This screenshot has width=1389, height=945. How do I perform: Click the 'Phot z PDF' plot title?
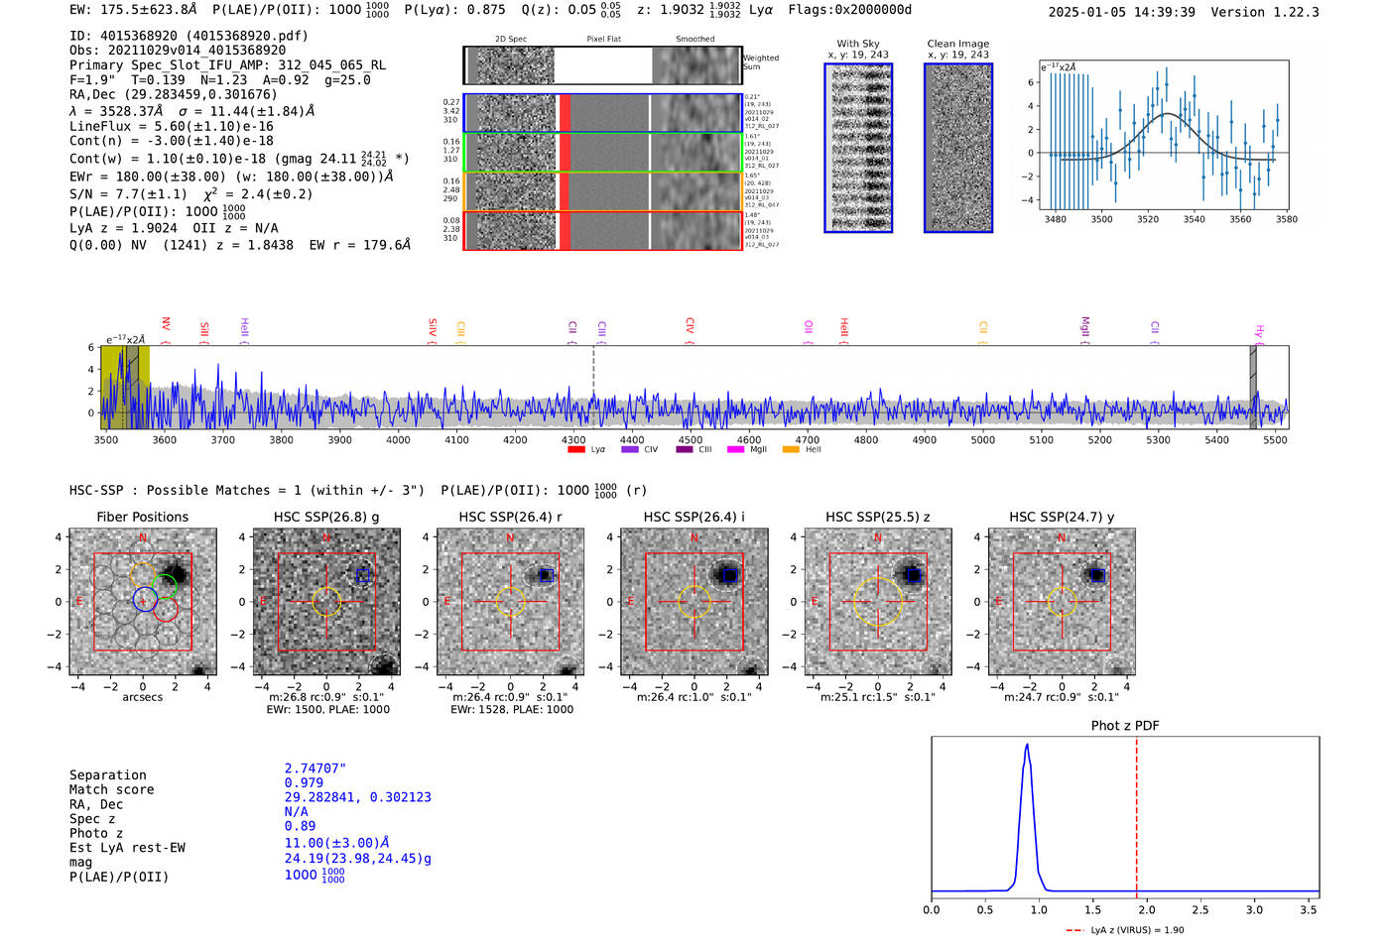[1124, 726]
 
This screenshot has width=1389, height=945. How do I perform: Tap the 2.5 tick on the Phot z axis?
[1200, 909]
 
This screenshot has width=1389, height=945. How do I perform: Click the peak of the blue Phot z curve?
[1027, 745]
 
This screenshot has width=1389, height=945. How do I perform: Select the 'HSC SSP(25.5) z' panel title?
[877, 517]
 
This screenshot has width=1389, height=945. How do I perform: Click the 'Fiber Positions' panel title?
[142, 517]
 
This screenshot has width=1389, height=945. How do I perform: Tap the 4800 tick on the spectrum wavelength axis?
[865, 439]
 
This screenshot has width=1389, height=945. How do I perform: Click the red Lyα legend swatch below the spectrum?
[575, 450]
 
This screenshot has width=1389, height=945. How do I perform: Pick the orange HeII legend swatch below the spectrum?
[791, 450]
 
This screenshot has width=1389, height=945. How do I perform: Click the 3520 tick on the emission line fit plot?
[1147, 219]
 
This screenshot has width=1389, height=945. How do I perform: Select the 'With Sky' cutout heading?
[857, 44]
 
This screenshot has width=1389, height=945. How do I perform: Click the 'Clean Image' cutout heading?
[957, 44]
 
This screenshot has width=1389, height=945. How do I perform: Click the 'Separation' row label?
[107, 775]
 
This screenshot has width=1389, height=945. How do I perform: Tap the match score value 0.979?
[303, 782]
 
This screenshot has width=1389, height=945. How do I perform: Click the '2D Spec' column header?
[510, 39]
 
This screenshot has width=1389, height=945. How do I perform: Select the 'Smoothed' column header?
[694, 39]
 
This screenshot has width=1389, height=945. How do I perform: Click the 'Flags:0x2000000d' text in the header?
[849, 10]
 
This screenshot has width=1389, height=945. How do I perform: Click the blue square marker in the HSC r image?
[545, 575]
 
